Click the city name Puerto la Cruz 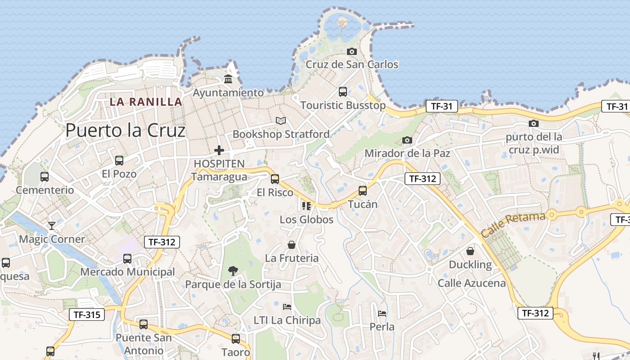tap(126, 130)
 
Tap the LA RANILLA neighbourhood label tap(146, 102)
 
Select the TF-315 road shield tap(87, 315)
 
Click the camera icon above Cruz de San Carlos tap(352, 51)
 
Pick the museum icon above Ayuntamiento tap(228, 79)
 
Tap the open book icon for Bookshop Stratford tap(281, 121)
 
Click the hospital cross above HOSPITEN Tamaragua tap(219, 150)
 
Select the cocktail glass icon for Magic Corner tap(52, 225)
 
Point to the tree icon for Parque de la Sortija tap(233, 270)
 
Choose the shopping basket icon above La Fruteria tap(292, 245)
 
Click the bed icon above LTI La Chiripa tap(287, 307)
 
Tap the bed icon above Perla tap(382, 313)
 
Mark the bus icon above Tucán tap(363, 190)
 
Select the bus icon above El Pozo tap(119, 161)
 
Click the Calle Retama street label tap(513, 225)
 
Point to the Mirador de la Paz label tap(407, 153)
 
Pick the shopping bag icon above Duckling tap(470, 251)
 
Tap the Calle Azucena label tap(472, 283)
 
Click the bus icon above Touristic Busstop tap(343, 92)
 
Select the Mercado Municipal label tap(127, 272)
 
